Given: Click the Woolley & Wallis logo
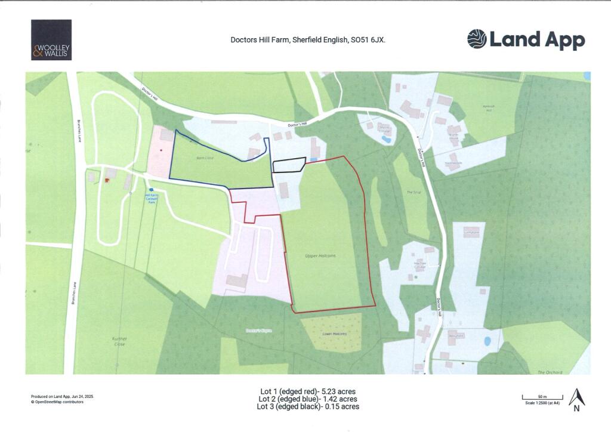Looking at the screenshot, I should [51, 40].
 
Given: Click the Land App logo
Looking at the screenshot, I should [526, 39].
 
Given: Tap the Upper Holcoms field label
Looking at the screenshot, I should [323, 255].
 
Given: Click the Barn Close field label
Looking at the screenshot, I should [205, 158].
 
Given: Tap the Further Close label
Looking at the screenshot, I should [119, 341].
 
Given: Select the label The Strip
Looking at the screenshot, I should [414, 192].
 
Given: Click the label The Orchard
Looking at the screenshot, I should [550, 372].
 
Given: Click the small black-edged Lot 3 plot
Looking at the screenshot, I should [289, 165].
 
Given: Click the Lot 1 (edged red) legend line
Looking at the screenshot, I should [307, 391].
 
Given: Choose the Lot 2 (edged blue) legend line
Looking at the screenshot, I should [307, 399].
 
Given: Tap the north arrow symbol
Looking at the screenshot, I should [576, 399].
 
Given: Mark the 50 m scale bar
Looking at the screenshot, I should [542, 397].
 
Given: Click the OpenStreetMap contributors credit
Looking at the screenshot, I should [57, 402].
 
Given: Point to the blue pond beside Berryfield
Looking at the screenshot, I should [487, 341].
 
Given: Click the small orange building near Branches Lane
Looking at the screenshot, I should [107, 180].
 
